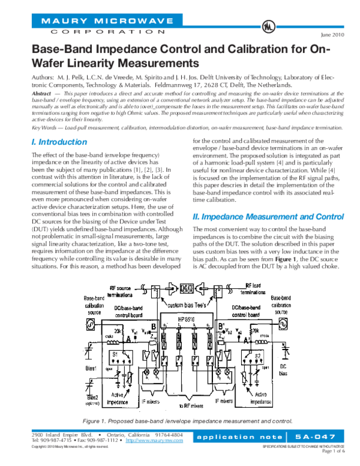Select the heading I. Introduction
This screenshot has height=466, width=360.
(58, 142)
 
